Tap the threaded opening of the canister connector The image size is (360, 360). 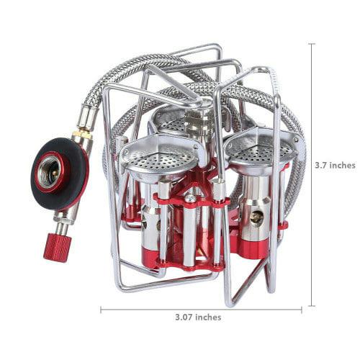point(50,171)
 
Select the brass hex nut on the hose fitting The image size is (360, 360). point(82,135)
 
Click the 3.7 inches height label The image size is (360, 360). point(335,166)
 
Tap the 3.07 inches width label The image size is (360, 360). point(198,318)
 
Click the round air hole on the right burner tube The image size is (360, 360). point(256,216)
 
